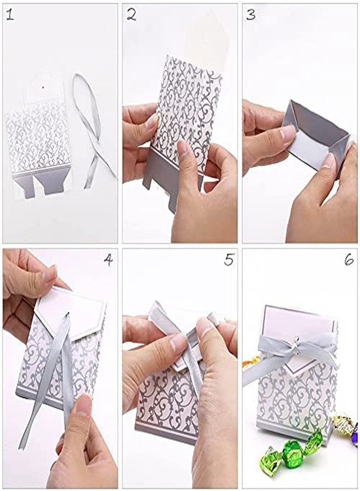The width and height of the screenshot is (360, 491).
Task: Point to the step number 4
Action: tap(108, 260)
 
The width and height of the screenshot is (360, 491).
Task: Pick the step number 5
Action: tap(229, 260)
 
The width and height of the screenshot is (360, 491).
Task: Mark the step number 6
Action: tap(349, 260)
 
